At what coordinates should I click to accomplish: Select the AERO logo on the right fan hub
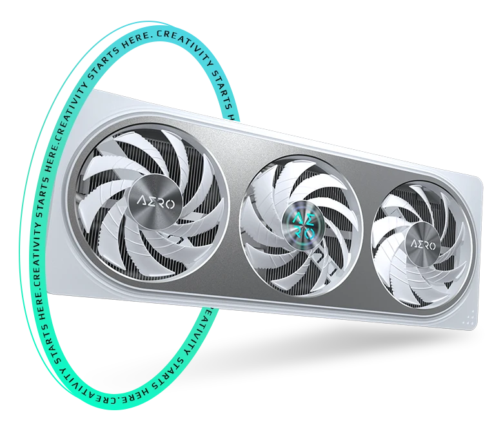422,245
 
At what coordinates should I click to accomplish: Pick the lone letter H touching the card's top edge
231,117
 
